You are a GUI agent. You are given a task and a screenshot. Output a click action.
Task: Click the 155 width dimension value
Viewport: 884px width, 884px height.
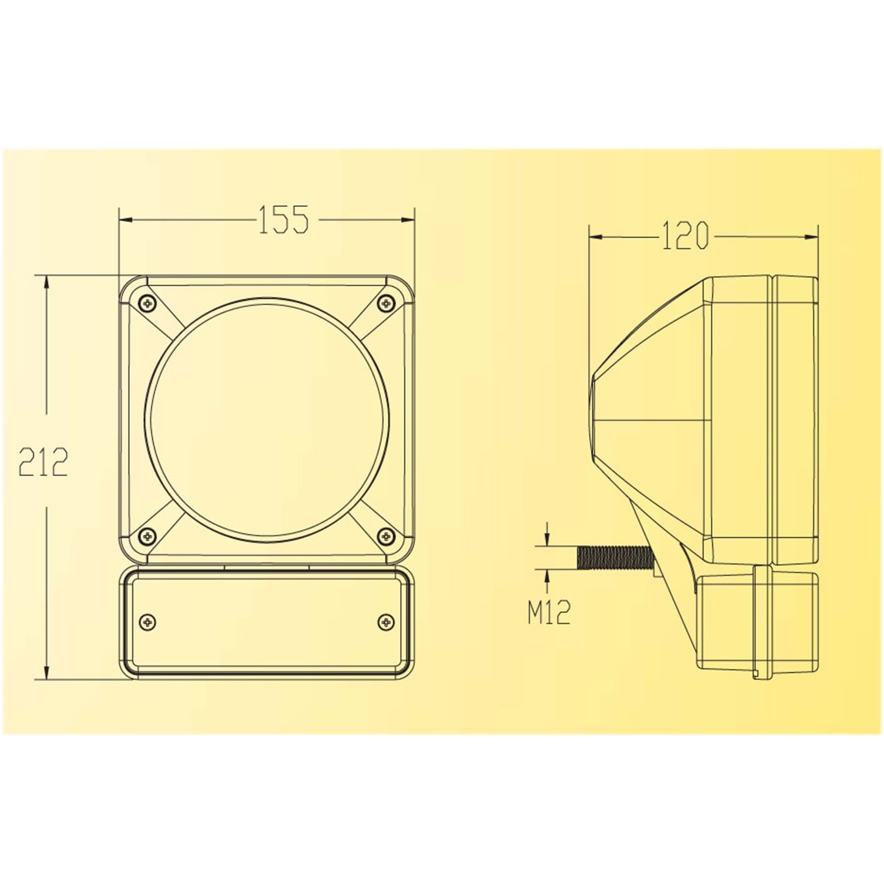pyautogui.click(x=283, y=219)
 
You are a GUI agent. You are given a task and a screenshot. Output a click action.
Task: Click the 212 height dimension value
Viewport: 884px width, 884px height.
pyautogui.click(x=43, y=462)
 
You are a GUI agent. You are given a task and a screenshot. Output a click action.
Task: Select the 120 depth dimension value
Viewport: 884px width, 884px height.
pyautogui.click(x=684, y=236)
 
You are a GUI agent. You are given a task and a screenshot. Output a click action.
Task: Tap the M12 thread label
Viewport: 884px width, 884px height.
pyautogui.click(x=549, y=613)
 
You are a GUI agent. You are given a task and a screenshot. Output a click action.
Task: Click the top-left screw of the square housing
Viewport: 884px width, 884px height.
pyautogui.click(x=147, y=303)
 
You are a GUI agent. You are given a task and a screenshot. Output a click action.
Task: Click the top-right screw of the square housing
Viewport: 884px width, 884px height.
pyautogui.click(x=386, y=303)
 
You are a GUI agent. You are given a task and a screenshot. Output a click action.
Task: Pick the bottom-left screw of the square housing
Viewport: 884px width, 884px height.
pyautogui.click(x=147, y=536)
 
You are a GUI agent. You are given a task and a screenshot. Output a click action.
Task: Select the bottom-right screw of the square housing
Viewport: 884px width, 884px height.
pyautogui.click(x=386, y=536)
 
